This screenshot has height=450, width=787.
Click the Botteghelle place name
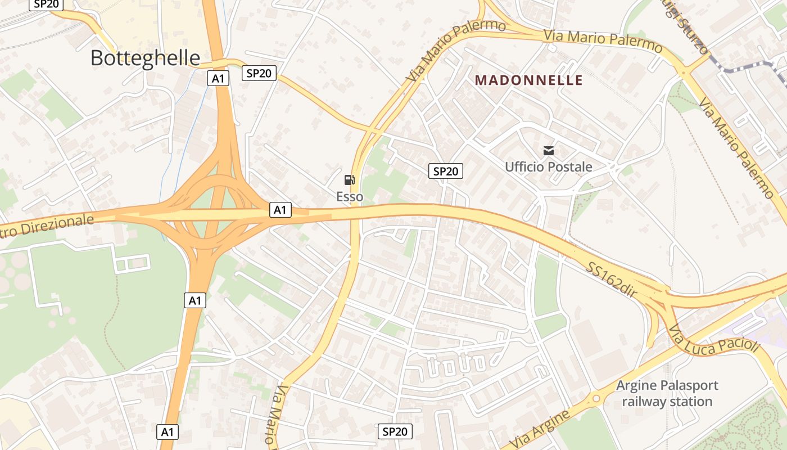[x=145, y=58]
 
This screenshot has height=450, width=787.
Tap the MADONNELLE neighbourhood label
[x=529, y=80]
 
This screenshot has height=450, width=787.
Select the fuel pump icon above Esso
[x=350, y=180]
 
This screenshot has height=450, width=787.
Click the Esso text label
[x=350, y=197]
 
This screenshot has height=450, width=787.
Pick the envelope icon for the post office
[x=549, y=150]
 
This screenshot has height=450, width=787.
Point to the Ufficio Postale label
[x=548, y=167]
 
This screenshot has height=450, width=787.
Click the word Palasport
[x=688, y=386]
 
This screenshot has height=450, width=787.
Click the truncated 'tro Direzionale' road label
[x=45, y=226]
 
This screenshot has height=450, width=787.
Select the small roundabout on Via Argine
[x=596, y=399]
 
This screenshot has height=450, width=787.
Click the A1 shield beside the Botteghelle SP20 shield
[x=218, y=79]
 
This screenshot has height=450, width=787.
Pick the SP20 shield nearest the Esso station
[x=445, y=171]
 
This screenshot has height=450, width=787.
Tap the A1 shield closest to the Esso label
[x=280, y=210]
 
